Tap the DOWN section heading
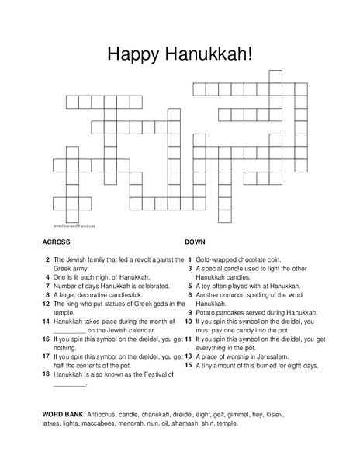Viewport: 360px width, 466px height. pos(196,242)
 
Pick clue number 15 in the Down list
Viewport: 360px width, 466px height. pos(189,364)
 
